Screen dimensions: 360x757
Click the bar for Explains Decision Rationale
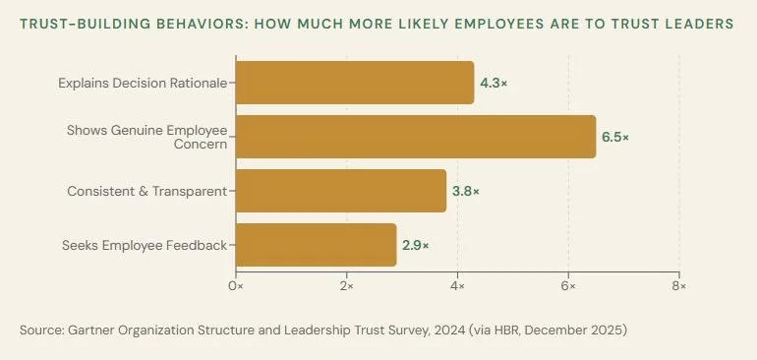(x=355, y=83)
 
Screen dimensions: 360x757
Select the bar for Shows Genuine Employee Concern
(x=416, y=137)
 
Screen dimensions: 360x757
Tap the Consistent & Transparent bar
(x=341, y=191)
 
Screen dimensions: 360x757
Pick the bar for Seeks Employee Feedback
(x=316, y=245)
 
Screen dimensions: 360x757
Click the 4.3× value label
(x=493, y=84)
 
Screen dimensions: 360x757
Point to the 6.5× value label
(x=614, y=138)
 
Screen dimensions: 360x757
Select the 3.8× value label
(x=465, y=192)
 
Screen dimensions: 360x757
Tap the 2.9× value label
(x=415, y=246)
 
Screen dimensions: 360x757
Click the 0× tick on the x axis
(x=236, y=285)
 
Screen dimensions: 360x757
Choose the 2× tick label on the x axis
(x=347, y=285)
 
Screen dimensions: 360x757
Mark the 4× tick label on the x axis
(x=457, y=285)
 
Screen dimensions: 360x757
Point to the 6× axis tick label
(x=568, y=285)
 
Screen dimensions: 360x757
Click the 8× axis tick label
(x=679, y=285)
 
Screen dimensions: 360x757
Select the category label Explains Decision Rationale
(x=143, y=83)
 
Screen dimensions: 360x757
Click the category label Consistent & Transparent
(x=146, y=191)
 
